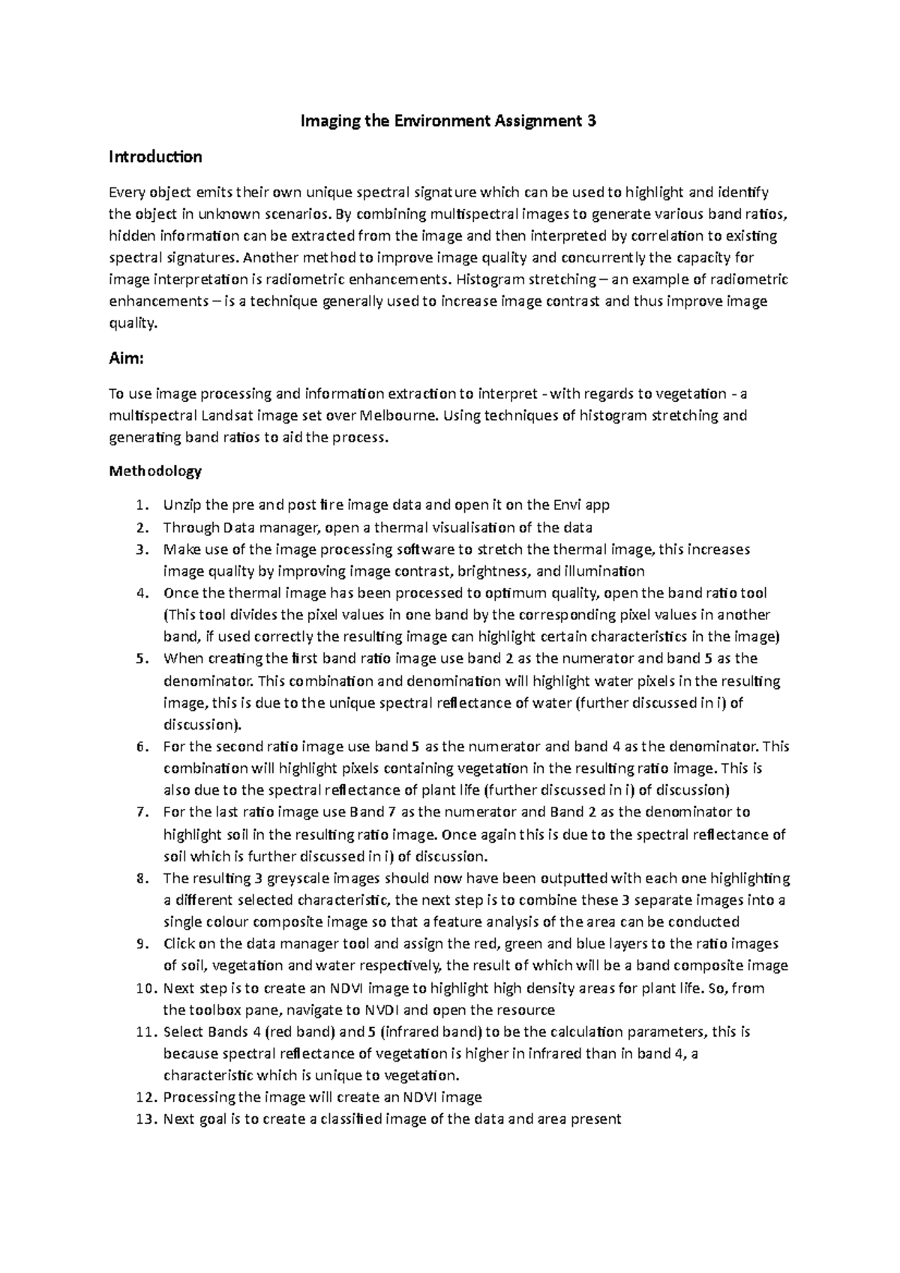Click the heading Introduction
click(155, 157)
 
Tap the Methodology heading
click(155, 472)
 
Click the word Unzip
click(181, 505)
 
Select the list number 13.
click(144, 1119)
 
